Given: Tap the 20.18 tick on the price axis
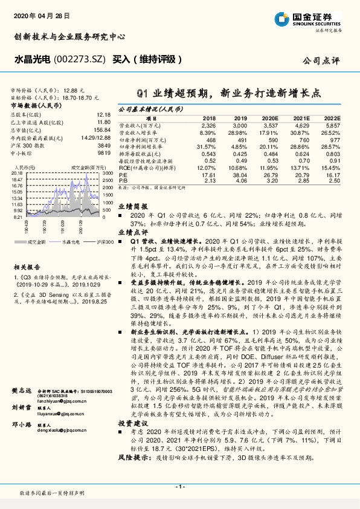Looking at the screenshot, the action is tap(17, 173).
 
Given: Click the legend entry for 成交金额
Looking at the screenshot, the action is tap(38, 241).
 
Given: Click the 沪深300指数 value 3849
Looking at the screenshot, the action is tap(104, 146).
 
